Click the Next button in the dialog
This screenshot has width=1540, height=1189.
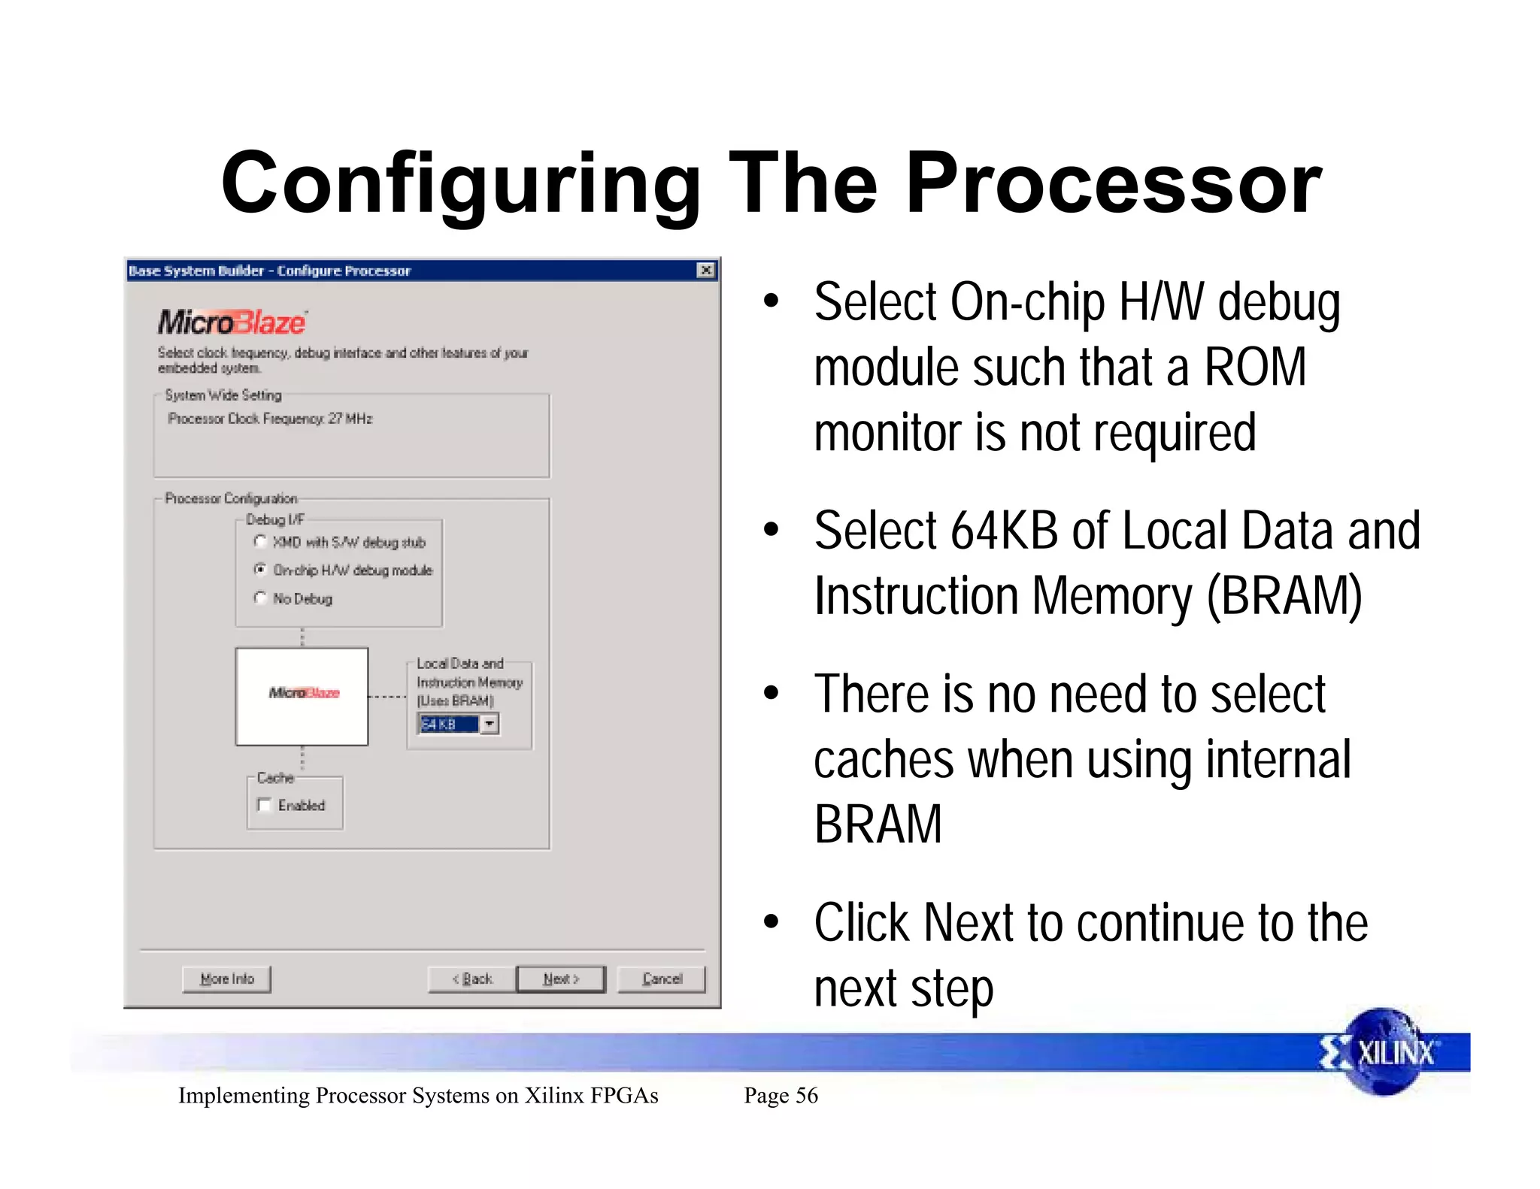pos(561,979)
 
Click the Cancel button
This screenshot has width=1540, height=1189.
pos(662,979)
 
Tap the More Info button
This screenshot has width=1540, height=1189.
pos(226,979)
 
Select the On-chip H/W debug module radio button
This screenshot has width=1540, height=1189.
pos(260,570)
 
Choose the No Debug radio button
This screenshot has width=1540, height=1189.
pos(260,598)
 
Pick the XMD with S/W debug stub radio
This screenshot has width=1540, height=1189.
pos(260,542)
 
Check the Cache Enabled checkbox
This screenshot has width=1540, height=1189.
pos(264,805)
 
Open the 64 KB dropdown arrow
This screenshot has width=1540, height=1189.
pos(490,724)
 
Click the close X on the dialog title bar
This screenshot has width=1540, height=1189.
pos(705,271)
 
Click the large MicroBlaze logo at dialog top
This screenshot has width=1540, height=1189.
pos(232,322)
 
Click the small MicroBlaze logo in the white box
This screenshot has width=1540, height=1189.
pos(304,692)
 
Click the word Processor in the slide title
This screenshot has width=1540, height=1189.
pos(1113,184)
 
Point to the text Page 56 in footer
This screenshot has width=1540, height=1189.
pos(781,1095)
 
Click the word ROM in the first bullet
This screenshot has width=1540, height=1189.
pos(1255,368)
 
